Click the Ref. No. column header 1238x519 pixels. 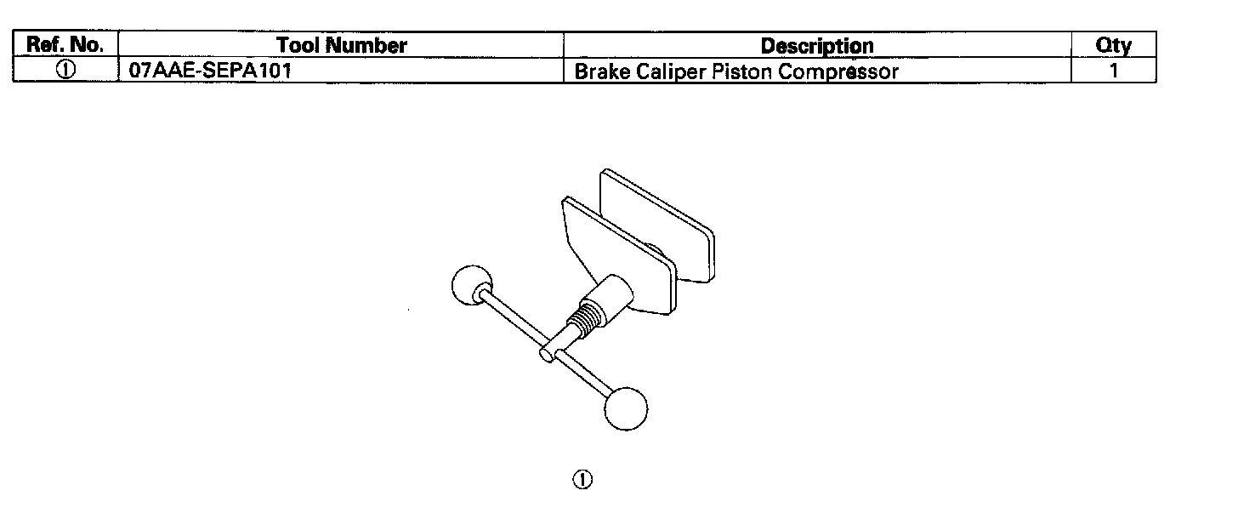[65, 45]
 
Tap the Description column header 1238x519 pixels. [816, 45]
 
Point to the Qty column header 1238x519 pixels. [1113, 45]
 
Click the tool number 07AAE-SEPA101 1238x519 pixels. [209, 71]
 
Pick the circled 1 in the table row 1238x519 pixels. [65, 71]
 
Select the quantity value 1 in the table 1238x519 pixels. [1113, 71]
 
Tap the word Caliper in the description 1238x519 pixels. [667, 71]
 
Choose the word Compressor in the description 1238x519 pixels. [838, 71]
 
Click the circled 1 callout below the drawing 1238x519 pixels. [582, 480]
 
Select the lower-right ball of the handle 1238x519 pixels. [626, 408]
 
